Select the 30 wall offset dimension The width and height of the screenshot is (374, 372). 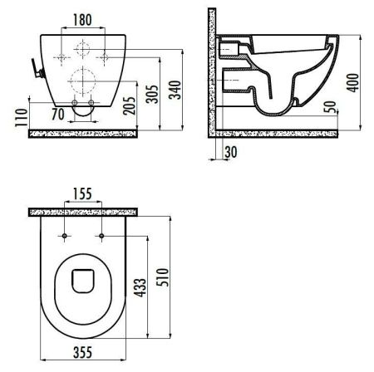(229, 151)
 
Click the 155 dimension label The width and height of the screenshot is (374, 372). (81, 194)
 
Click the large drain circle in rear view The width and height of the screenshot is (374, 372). (82, 81)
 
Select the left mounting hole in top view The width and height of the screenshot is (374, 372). (63, 237)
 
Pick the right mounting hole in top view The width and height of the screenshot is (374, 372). (101, 237)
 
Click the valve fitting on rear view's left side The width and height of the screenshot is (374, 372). (34, 69)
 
